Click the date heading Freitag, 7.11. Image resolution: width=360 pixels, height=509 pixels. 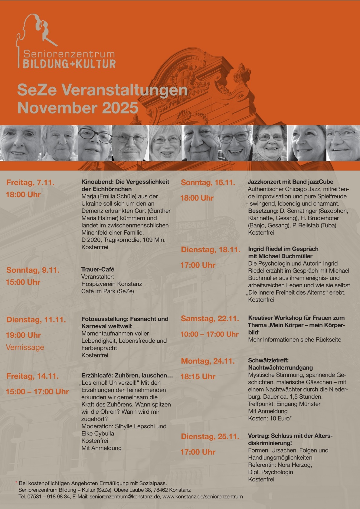pos(31,183)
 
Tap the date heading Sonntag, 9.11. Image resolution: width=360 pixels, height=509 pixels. pos(33,270)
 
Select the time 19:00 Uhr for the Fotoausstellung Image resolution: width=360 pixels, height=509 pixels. pos(23,335)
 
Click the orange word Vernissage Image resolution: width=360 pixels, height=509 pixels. pos(25,347)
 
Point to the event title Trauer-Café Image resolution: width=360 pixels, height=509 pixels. pos(98,269)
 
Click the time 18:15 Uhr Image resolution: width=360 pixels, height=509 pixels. pos(198,377)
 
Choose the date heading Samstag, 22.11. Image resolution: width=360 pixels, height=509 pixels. pos(210,319)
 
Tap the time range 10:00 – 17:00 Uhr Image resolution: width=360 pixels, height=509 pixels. pos(209,334)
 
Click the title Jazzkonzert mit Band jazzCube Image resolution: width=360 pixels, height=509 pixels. pos(290,182)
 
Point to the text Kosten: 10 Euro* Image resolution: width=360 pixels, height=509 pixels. pos(270,419)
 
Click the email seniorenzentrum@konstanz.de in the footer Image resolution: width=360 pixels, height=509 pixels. pos(125,497)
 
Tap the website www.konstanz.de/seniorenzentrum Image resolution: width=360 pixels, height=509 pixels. pos(203,497)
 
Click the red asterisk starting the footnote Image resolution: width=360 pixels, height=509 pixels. pos(16,483)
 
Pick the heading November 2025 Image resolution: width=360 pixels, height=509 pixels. pos(78,108)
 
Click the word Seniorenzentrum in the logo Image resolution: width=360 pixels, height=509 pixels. pos(69,54)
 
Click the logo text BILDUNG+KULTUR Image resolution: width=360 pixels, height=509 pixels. pos(69,64)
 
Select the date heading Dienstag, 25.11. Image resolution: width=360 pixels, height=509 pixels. pos(210,437)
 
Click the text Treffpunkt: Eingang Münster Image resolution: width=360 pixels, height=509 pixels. pos(284,404)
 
